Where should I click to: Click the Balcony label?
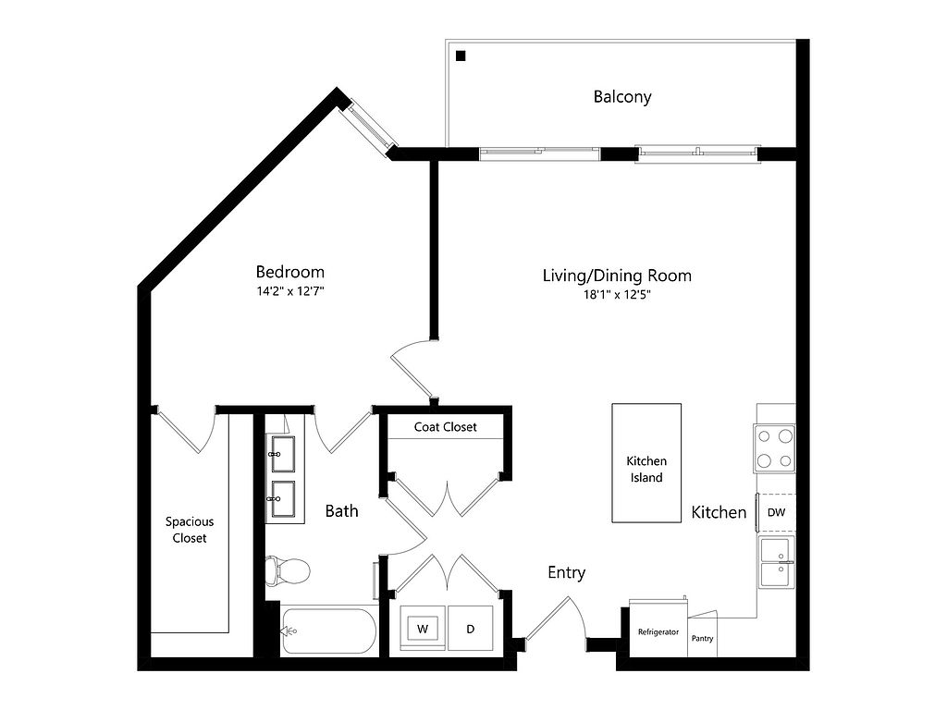point(622,96)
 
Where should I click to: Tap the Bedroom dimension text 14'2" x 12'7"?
point(290,291)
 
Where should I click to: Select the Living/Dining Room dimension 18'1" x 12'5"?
point(616,295)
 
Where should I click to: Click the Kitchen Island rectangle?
point(646,462)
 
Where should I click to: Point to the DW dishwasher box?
point(776,512)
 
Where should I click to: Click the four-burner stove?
point(774,448)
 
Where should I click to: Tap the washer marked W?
point(423,629)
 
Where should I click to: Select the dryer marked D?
point(471,629)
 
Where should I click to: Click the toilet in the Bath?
point(288,569)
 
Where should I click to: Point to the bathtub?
point(329,630)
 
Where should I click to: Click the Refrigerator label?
point(658,632)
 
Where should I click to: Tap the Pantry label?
point(703,638)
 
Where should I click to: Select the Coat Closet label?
point(445,427)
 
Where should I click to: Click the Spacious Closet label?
point(190,530)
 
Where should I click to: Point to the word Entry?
point(567,572)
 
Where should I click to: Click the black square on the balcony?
point(461,56)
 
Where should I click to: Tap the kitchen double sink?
point(777,562)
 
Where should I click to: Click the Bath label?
point(342,510)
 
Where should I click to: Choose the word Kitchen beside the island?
point(719,512)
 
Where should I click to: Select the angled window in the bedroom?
point(370,127)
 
